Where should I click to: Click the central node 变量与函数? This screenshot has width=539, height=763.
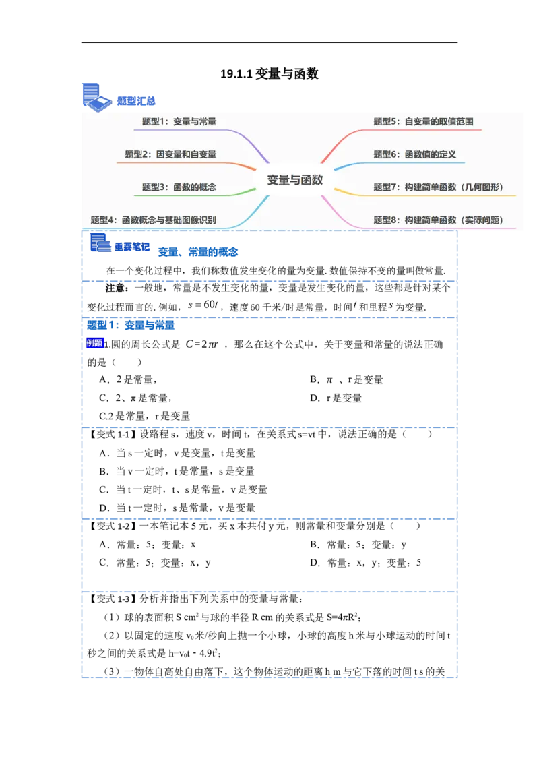[x=294, y=180]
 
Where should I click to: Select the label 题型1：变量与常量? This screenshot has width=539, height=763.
[x=179, y=122]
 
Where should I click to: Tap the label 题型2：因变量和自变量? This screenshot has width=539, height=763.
[x=170, y=154]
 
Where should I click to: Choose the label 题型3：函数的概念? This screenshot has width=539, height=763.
[x=179, y=187]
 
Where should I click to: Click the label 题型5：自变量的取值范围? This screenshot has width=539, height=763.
[x=423, y=122]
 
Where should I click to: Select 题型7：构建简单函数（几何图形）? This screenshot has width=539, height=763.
[x=439, y=187]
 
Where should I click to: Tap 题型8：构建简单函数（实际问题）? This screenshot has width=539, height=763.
[x=439, y=220]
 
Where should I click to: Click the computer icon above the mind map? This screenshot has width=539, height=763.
[x=95, y=96]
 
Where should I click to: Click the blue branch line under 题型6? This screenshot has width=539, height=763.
[x=404, y=163]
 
